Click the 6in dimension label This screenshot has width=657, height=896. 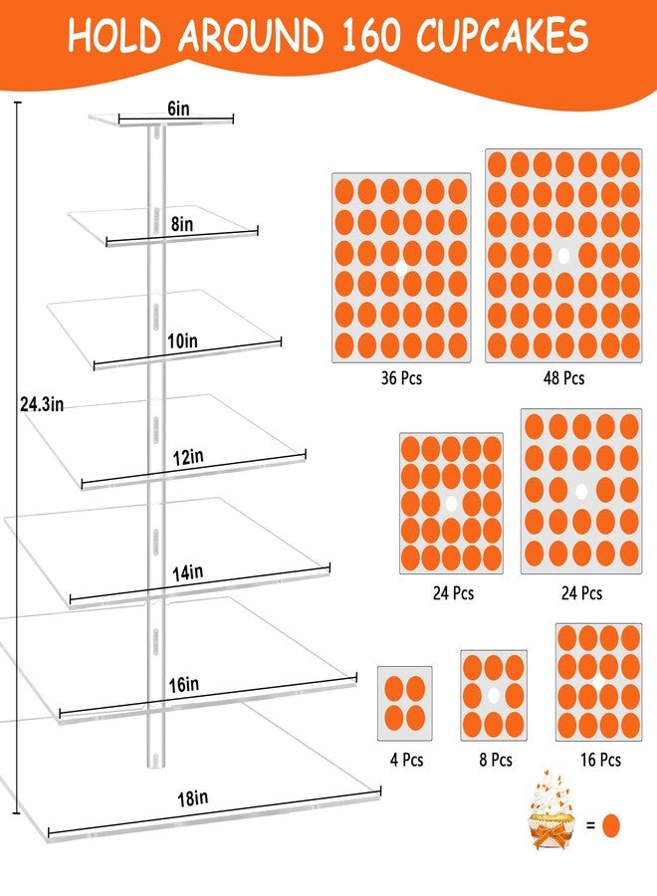(179, 108)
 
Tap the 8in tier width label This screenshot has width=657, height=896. (182, 224)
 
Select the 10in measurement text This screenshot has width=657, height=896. (183, 341)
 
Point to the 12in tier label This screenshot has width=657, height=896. (188, 457)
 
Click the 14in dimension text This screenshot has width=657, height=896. (188, 572)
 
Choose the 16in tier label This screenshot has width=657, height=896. (184, 684)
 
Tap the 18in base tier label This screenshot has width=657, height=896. (192, 797)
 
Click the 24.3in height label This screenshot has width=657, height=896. (42, 404)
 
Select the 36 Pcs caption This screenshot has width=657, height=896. (401, 378)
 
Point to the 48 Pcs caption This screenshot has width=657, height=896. (563, 378)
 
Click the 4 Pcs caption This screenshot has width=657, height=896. (407, 760)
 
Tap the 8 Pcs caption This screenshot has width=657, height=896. (496, 760)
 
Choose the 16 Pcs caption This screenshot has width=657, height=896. (600, 760)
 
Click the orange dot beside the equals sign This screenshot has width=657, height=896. (611, 825)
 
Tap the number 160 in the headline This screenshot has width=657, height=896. (371, 36)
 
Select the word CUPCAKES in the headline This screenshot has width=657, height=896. (502, 36)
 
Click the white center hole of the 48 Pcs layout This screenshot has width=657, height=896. (563, 256)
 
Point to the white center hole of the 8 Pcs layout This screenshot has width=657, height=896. (494, 695)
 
